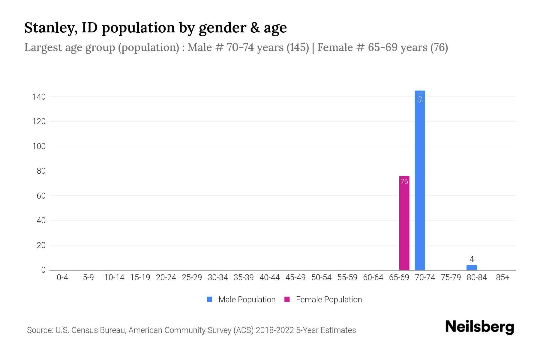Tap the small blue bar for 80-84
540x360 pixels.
pyautogui.click(x=471, y=267)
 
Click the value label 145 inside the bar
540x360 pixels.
pyautogui.click(x=420, y=97)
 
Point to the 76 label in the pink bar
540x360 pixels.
pyautogui.click(x=404, y=181)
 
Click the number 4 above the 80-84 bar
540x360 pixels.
pyautogui.click(x=471, y=259)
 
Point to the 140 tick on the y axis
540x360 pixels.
pyautogui.click(x=39, y=97)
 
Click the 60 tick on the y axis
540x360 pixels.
pyautogui.click(x=41, y=196)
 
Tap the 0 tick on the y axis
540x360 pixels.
pyautogui.click(x=43, y=270)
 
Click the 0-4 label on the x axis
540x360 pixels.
pyautogui.click(x=62, y=277)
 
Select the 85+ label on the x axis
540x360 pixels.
pyautogui.click(x=502, y=277)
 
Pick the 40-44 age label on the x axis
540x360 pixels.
pyautogui.click(x=269, y=277)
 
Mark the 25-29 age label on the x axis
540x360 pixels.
pyautogui.click(x=192, y=277)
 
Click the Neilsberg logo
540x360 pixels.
pyautogui.click(x=479, y=327)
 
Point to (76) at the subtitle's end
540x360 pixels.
pyautogui.click(x=439, y=47)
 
